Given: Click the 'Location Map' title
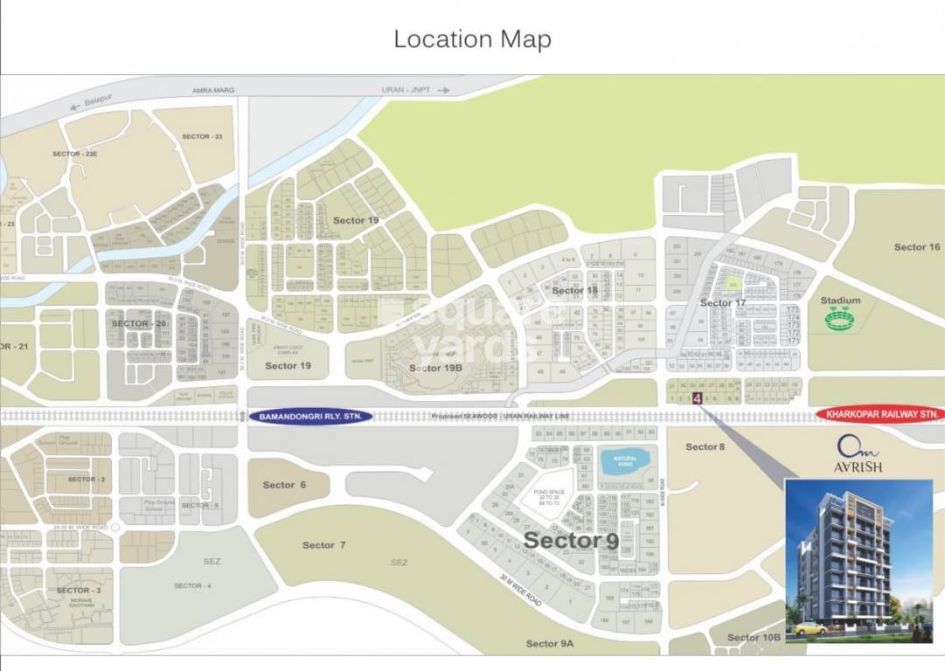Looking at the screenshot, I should (472, 39).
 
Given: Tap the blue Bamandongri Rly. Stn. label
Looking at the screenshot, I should (312, 417).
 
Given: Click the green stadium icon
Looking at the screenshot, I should (841, 320).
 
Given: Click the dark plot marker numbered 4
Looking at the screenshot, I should (697, 399).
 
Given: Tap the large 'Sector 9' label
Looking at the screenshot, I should (571, 541).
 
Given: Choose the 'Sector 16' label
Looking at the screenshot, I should (917, 247).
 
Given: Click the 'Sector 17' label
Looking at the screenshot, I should (723, 303).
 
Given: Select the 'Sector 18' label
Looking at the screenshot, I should (574, 290).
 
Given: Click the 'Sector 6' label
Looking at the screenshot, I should (285, 485).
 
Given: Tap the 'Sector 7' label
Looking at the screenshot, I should (324, 545).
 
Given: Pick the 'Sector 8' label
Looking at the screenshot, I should (705, 447).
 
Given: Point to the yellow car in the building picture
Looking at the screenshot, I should (810, 626).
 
